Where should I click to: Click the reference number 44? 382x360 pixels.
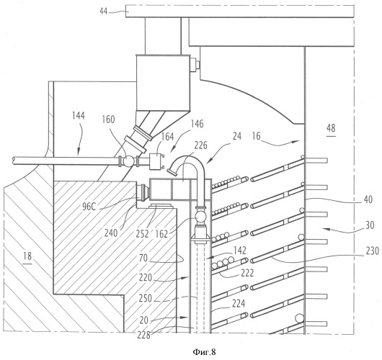[104, 12]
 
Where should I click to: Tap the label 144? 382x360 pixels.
[79, 115]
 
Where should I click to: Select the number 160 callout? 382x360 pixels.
[108, 120]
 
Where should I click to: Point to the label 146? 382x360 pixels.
[197, 124]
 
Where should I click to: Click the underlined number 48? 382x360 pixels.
[331, 128]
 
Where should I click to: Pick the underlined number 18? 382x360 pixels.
[27, 256]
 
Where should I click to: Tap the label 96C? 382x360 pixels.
[89, 207]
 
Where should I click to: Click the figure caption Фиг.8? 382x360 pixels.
[204, 351]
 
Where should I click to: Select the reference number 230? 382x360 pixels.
[373, 251]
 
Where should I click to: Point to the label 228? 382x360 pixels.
[143, 336]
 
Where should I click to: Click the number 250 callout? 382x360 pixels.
[145, 298]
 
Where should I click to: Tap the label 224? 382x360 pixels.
[239, 304]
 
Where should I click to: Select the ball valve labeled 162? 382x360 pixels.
[201, 216]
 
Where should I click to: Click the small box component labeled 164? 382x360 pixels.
[156, 161]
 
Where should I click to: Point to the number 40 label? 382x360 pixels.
[368, 199]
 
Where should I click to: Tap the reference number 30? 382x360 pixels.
[370, 225]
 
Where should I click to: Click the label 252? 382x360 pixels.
[142, 234]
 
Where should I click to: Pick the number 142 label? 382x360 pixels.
[240, 251]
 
